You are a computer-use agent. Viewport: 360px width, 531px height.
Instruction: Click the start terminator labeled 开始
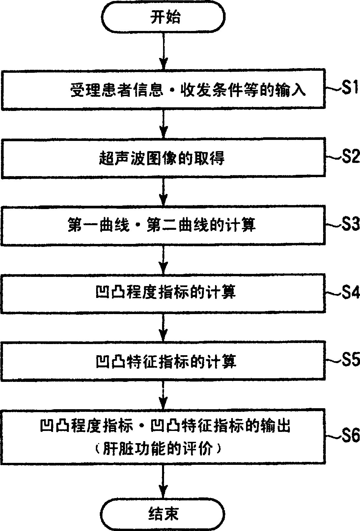(163, 17)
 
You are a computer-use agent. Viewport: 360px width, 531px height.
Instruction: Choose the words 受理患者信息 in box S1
(117, 90)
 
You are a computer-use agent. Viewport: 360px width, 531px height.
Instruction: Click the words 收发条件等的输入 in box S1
(243, 90)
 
